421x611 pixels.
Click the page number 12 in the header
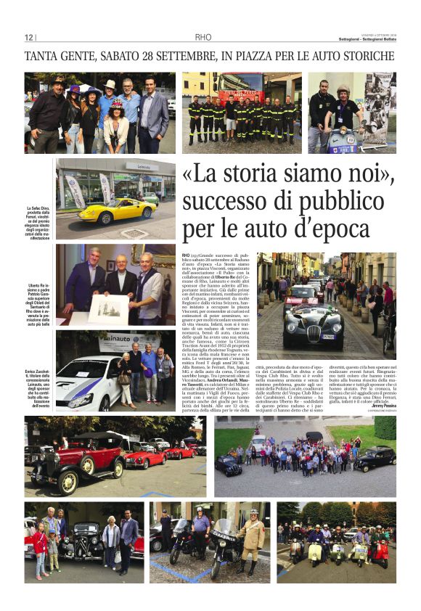(x=30, y=38)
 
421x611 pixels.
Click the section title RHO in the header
(x=203, y=38)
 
